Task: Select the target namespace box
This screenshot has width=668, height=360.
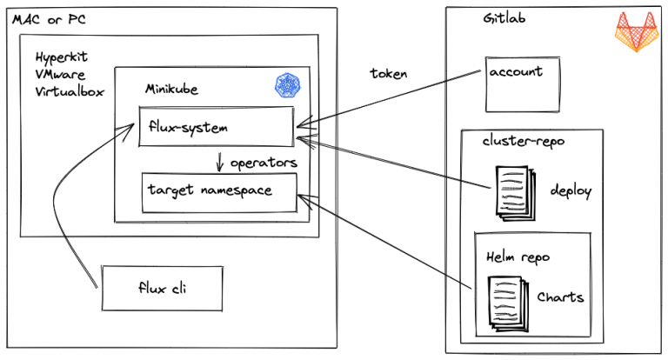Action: pyautogui.click(x=219, y=192)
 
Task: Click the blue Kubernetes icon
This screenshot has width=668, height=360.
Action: pyautogui.click(x=286, y=85)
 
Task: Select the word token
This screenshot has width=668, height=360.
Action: pyautogui.click(x=388, y=74)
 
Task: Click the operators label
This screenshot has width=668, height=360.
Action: pyautogui.click(x=264, y=163)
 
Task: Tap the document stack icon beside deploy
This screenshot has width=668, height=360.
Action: pyautogui.click(x=511, y=190)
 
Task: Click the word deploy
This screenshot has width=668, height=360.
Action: pyautogui.click(x=571, y=190)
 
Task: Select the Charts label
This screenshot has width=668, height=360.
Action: pyautogui.click(x=560, y=297)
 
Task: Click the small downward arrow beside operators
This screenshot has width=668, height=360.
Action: pyautogui.click(x=220, y=162)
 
